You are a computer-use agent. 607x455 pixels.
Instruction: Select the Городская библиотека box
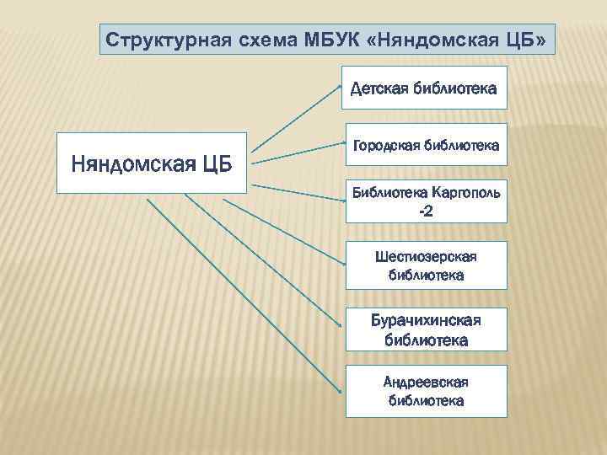coord(426,146)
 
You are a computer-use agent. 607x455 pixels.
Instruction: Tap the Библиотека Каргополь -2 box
coord(426,201)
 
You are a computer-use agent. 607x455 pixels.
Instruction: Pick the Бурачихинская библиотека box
coord(426,330)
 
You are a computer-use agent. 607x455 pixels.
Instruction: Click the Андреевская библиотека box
coord(426,391)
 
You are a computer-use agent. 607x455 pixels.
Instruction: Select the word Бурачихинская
coord(426,321)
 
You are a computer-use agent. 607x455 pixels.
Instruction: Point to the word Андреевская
coord(426,383)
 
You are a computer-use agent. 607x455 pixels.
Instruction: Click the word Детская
coord(378,88)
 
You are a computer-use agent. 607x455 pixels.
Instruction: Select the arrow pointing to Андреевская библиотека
coord(244,295)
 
